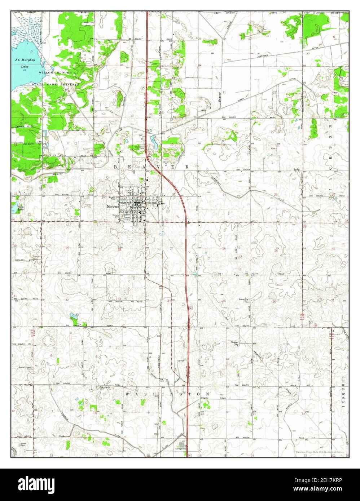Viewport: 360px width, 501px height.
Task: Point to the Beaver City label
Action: point(236,343)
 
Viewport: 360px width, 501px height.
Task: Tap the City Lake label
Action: point(21,209)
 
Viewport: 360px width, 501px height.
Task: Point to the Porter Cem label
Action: point(24,444)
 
